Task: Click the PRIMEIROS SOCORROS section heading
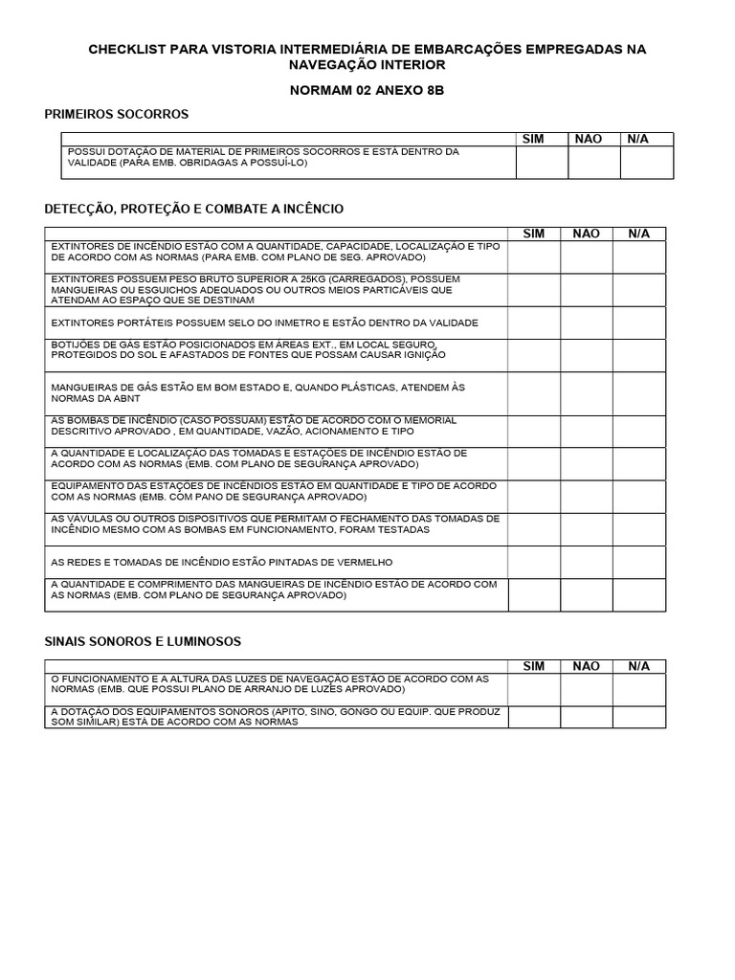[117, 115]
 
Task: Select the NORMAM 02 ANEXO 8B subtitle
[367, 90]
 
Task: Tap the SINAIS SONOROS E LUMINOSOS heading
[143, 640]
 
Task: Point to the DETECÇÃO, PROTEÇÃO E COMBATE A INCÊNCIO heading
[194, 209]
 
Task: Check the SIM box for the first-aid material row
[542, 163]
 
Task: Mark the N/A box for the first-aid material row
[647, 163]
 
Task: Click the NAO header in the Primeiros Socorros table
[588, 139]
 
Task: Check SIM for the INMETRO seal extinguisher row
[533, 323]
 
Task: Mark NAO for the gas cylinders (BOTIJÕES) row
[586, 355]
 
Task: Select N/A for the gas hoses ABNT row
[638, 394]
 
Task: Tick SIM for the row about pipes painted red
[533, 562]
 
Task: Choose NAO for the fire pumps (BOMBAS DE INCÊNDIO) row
[586, 432]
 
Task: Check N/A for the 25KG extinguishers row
[638, 290]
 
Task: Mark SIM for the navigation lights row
[533, 689]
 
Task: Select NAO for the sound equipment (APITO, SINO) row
[586, 717]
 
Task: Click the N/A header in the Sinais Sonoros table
[638, 666]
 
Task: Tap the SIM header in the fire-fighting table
[533, 234]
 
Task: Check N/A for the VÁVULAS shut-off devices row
[638, 529]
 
